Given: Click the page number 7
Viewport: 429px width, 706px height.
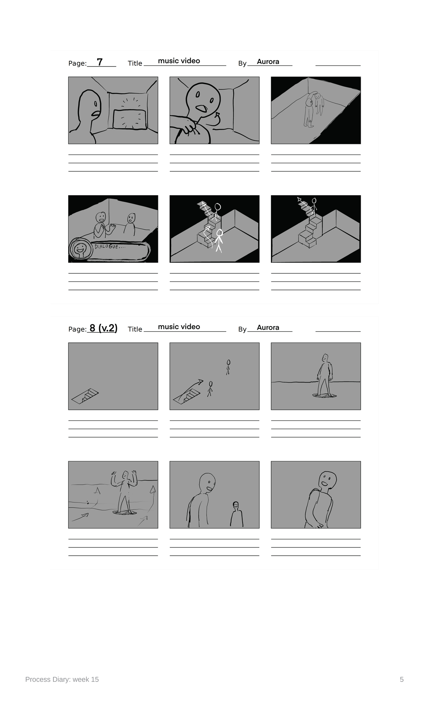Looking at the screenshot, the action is coord(100,62).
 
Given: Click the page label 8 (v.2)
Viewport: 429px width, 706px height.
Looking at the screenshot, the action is coord(103,328).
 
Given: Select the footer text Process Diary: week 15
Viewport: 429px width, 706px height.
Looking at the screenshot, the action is coord(62,679).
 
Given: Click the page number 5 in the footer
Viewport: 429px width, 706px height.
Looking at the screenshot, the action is coord(402,679).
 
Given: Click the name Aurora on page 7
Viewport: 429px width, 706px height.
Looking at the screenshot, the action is coord(268,61).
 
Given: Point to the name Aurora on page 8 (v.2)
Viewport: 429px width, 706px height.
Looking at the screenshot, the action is coord(268,327).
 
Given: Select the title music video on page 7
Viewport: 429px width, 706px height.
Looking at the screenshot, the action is coord(179,61).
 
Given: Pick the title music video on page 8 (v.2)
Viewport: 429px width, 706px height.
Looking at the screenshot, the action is coord(179,327).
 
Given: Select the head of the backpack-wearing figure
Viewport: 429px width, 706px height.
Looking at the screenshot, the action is coord(327,481).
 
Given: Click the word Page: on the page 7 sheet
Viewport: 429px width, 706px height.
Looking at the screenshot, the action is coord(77,63).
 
